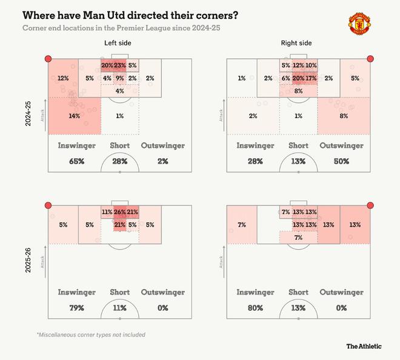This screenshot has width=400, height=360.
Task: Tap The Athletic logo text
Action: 364,346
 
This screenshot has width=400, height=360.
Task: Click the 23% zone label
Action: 119,65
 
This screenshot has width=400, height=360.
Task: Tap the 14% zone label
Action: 75,115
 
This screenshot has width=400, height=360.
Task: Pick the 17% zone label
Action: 312,78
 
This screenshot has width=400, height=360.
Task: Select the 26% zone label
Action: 119,212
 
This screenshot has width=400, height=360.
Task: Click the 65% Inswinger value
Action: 76,161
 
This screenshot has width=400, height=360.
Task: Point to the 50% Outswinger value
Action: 342,161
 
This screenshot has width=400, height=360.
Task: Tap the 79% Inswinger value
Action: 76,308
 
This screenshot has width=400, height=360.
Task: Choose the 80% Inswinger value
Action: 255,308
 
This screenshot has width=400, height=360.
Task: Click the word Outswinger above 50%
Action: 341,146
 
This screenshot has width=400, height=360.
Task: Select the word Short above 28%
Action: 119,146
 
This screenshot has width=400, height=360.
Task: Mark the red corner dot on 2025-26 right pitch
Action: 370,205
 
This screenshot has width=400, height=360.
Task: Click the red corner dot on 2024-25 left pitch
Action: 48,59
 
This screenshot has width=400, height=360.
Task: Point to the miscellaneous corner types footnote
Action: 91,335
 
